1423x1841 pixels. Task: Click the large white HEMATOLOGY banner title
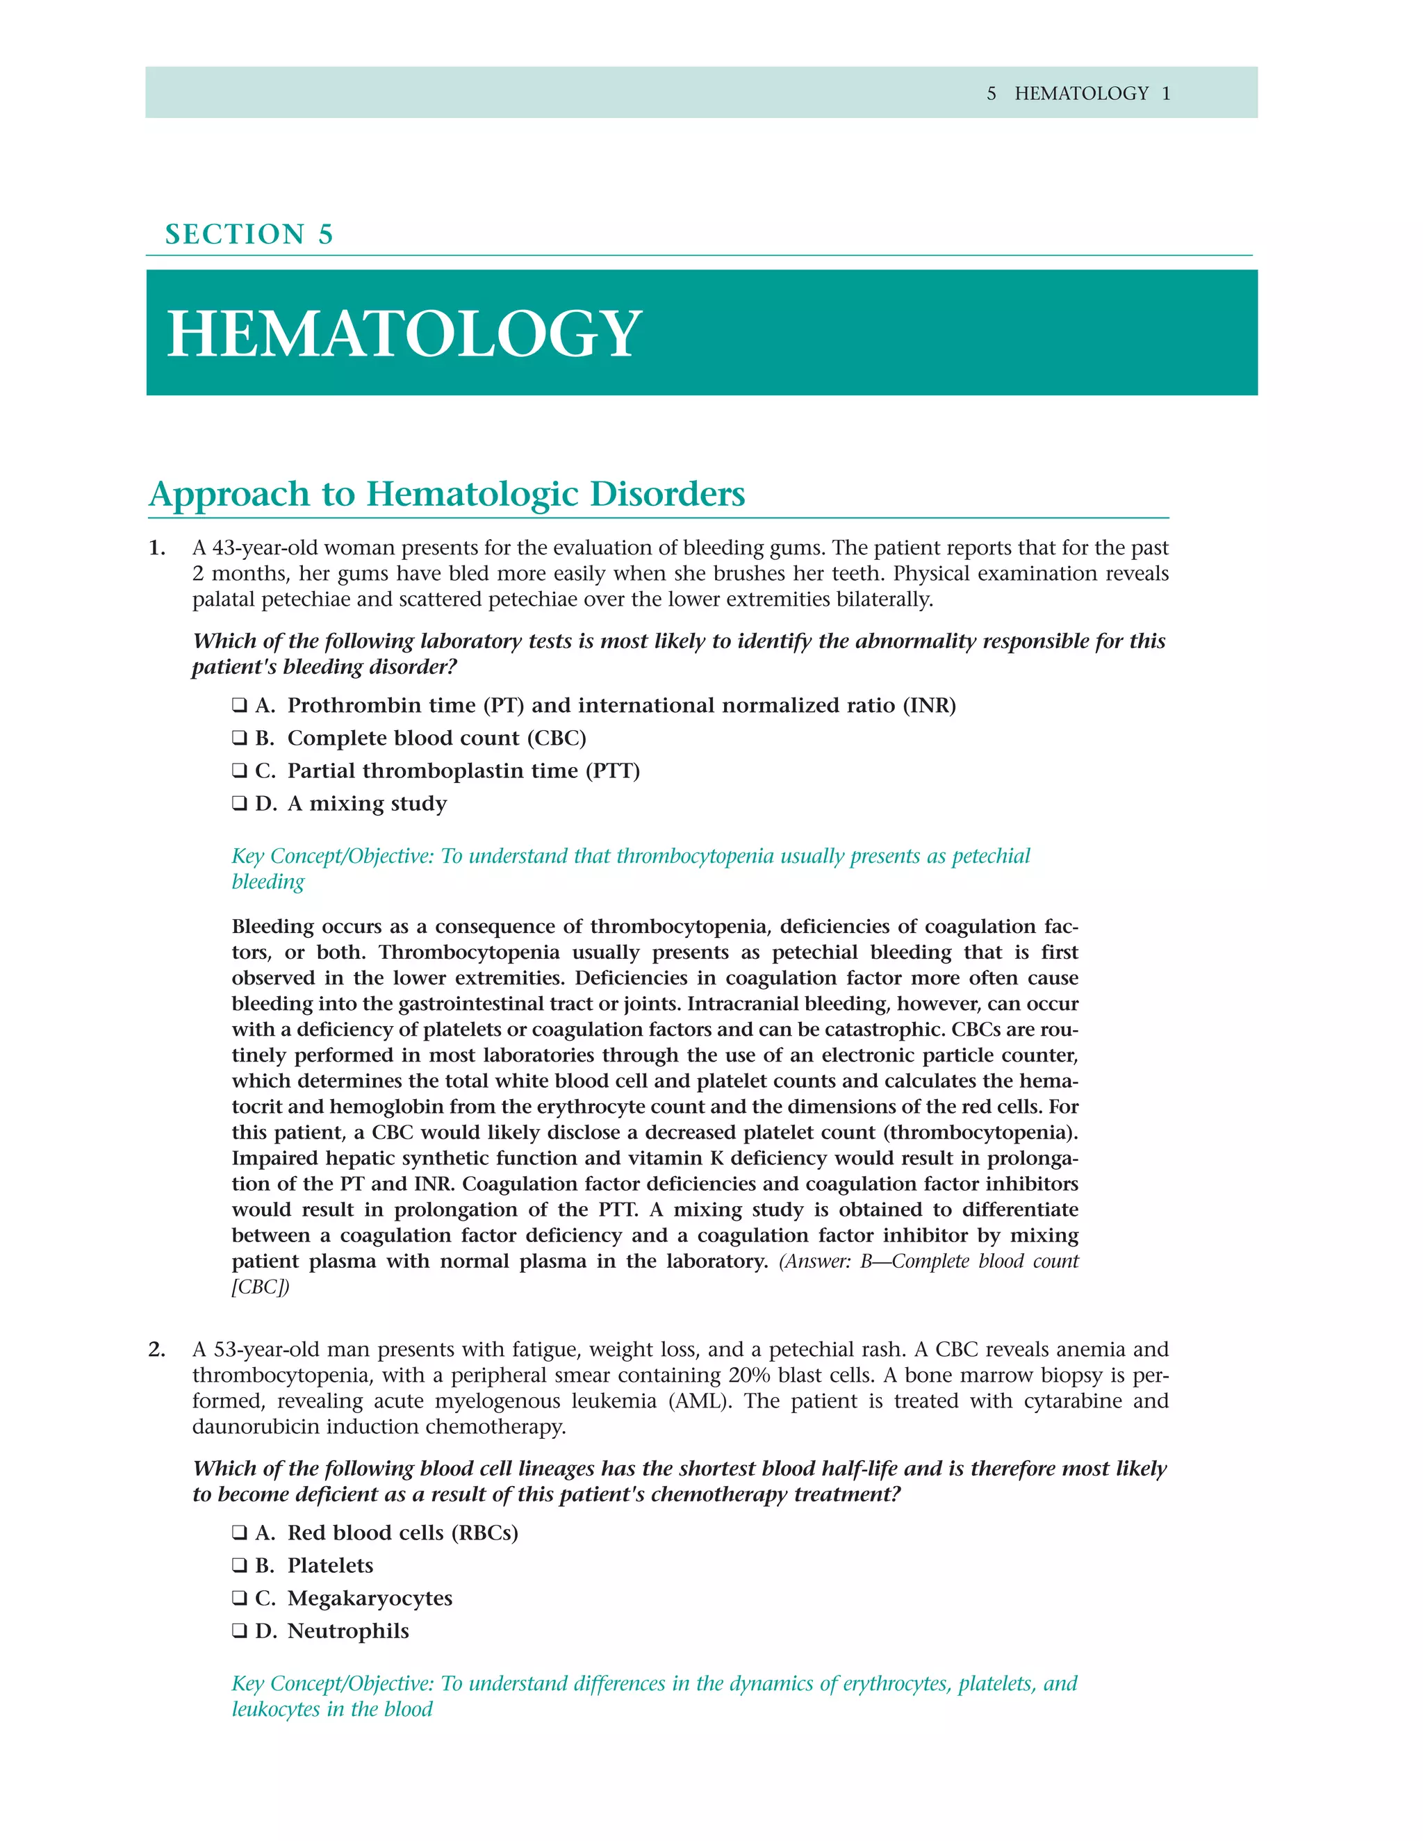(x=404, y=333)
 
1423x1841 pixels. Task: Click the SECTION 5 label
(x=249, y=234)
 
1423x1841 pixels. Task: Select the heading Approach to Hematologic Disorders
(x=447, y=494)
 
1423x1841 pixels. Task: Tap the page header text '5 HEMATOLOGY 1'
(x=1078, y=94)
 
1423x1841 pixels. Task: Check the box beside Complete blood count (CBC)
(x=240, y=738)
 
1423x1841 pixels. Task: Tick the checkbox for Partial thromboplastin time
(x=240, y=770)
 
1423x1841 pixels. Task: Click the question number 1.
(x=157, y=548)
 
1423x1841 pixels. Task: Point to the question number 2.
(x=157, y=1350)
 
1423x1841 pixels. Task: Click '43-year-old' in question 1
(x=265, y=548)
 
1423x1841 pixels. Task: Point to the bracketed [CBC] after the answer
(x=261, y=1287)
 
